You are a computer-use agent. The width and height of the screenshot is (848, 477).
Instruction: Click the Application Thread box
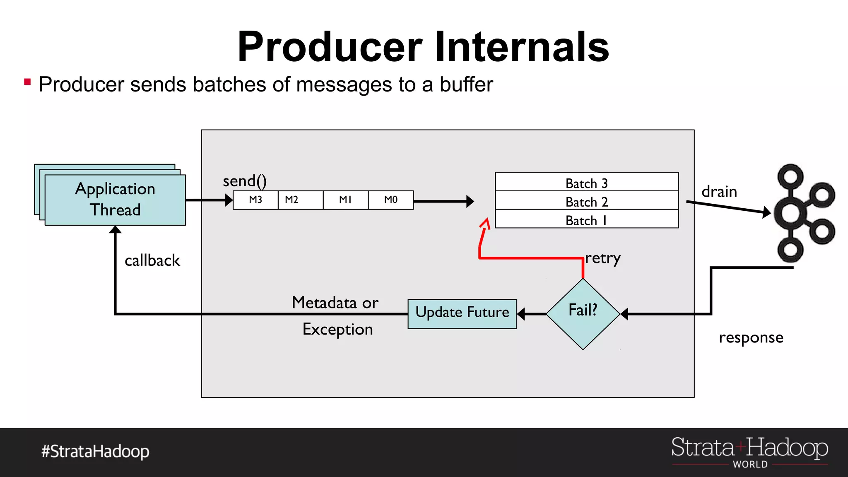click(x=115, y=200)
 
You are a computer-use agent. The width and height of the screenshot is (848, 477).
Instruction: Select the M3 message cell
click(x=255, y=200)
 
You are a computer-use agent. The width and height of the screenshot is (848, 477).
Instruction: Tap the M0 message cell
click(x=390, y=200)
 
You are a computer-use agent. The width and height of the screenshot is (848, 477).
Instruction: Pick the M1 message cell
click(x=345, y=200)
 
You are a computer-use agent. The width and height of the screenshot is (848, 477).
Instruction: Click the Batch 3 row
click(x=586, y=182)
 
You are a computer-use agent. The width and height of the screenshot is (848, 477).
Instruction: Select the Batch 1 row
click(x=586, y=219)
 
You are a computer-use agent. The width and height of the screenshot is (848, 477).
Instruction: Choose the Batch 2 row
click(x=586, y=201)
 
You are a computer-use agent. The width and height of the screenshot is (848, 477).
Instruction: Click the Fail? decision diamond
click(x=583, y=313)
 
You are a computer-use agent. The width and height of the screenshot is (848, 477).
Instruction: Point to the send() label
click(x=245, y=181)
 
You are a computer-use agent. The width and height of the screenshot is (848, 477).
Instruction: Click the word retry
click(x=602, y=258)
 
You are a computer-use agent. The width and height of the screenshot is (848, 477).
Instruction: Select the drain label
click(x=719, y=192)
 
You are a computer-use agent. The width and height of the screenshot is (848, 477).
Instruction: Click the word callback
click(x=152, y=260)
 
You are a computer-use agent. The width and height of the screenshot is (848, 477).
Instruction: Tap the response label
click(x=751, y=338)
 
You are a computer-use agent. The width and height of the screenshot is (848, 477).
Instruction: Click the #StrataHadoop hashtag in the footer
click(x=95, y=451)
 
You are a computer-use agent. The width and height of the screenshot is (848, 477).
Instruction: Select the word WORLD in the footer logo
click(x=750, y=464)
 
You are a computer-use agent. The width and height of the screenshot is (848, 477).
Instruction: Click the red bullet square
click(x=27, y=82)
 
